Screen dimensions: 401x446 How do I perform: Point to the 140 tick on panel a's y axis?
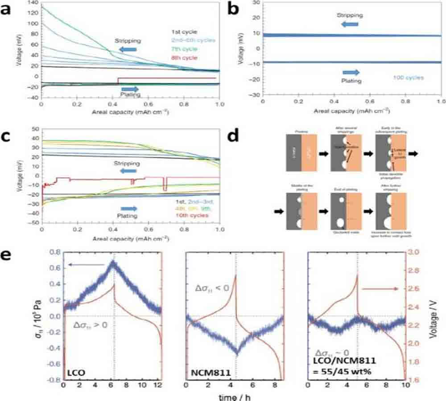(32, 2)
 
